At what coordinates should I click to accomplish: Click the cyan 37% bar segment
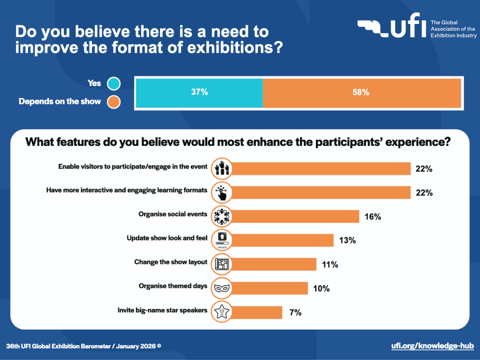[x=199, y=92]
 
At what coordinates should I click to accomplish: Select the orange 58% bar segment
[x=361, y=92]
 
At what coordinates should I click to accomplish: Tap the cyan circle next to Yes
[x=113, y=83]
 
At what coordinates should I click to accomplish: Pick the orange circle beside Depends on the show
[x=113, y=102]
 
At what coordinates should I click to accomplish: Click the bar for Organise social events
[x=295, y=216]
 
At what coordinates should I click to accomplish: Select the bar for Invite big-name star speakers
[x=257, y=312]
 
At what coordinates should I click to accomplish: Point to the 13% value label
[x=347, y=240]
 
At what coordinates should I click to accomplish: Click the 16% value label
[x=372, y=216]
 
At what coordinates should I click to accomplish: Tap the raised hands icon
[x=221, y=168]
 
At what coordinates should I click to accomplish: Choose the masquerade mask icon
[x=221, y=288]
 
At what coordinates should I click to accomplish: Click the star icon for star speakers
[x=221, y=312]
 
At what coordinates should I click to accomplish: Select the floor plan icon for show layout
[x=221, y=264]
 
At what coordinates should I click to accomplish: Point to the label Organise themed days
[x=172, y=286]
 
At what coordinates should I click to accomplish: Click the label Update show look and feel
[x=167, y=238]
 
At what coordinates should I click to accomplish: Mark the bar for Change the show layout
[x=274, y=264]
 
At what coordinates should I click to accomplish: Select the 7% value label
[x=295, y=312]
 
